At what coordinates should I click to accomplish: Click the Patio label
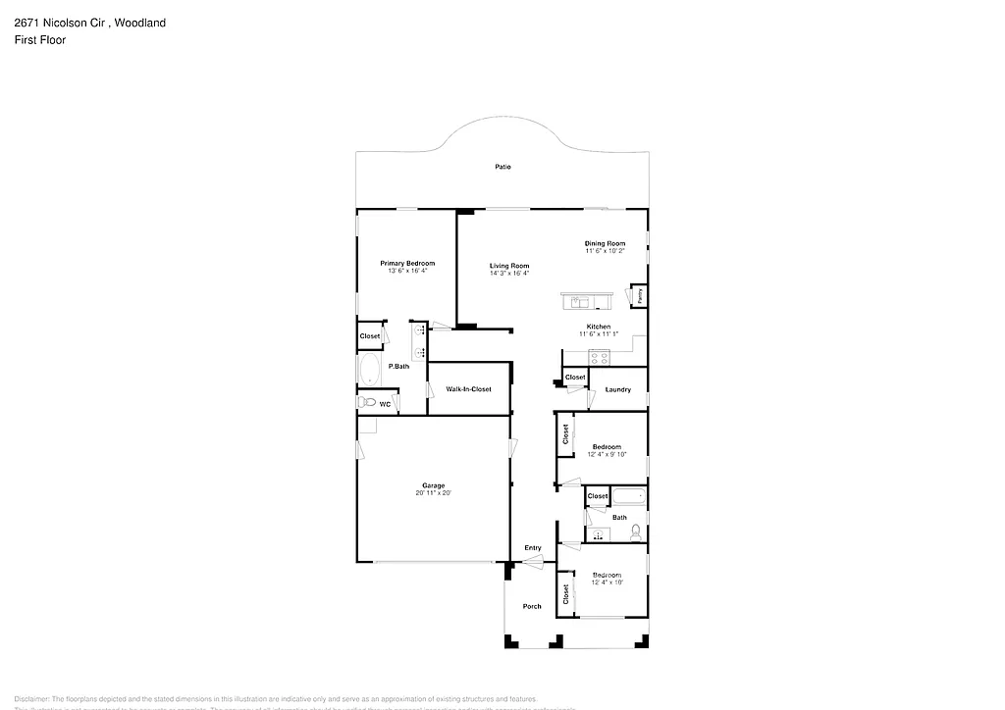click(502, 167)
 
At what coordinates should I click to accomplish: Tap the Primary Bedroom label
click(407, 263)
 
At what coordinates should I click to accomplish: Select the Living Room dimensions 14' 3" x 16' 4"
click(509, 274)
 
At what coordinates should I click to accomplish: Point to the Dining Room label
click(605, 243)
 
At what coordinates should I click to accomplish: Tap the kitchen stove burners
click(600, 357)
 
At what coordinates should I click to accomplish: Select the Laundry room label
click(617, 389)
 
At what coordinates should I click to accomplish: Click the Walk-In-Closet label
click(468, 389)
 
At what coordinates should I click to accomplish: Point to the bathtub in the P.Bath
click(370, 371)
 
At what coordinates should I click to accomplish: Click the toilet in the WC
click(367, 403)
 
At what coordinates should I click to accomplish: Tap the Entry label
click(532, 547)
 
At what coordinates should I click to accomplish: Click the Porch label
click(531, 606)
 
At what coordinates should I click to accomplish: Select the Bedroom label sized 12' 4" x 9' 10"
click(606, 446)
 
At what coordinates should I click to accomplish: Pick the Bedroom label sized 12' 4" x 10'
click(606, 575)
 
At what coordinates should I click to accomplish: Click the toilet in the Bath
click(636, 532)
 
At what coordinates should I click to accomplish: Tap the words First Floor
click(40, 40)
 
